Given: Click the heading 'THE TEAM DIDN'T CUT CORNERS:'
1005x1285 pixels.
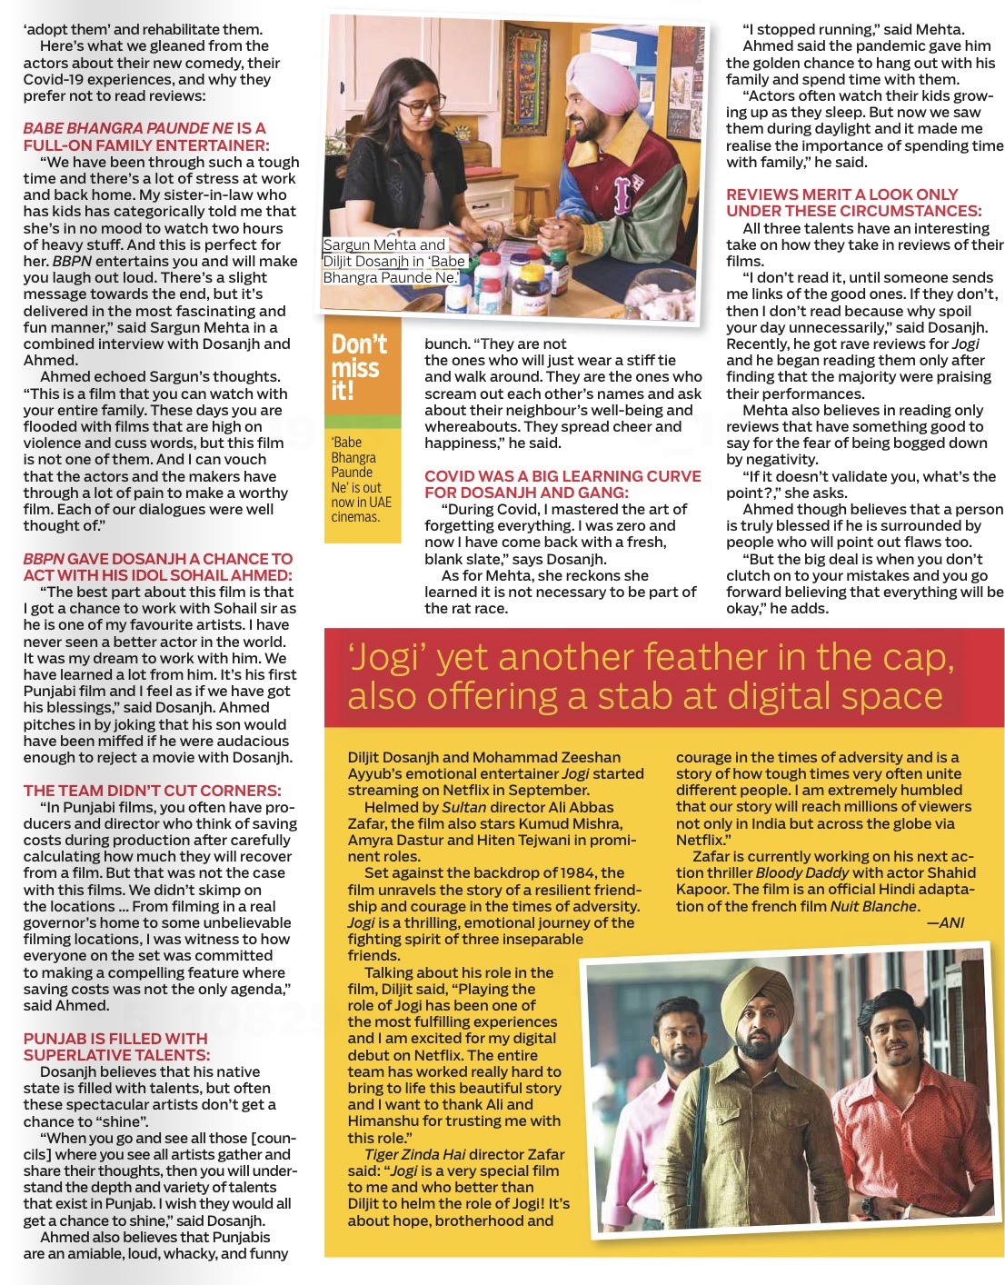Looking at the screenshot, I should coord(152,791).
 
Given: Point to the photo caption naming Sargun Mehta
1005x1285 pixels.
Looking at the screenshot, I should coord(393,261).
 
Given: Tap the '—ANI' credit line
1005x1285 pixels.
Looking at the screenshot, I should coord(945,922).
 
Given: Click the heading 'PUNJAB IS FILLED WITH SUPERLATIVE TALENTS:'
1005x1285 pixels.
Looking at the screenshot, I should coord(116,1047).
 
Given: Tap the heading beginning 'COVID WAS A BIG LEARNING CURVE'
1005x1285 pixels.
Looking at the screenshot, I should coord(562,484).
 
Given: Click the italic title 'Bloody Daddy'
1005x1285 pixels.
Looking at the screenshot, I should coord(802,872).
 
